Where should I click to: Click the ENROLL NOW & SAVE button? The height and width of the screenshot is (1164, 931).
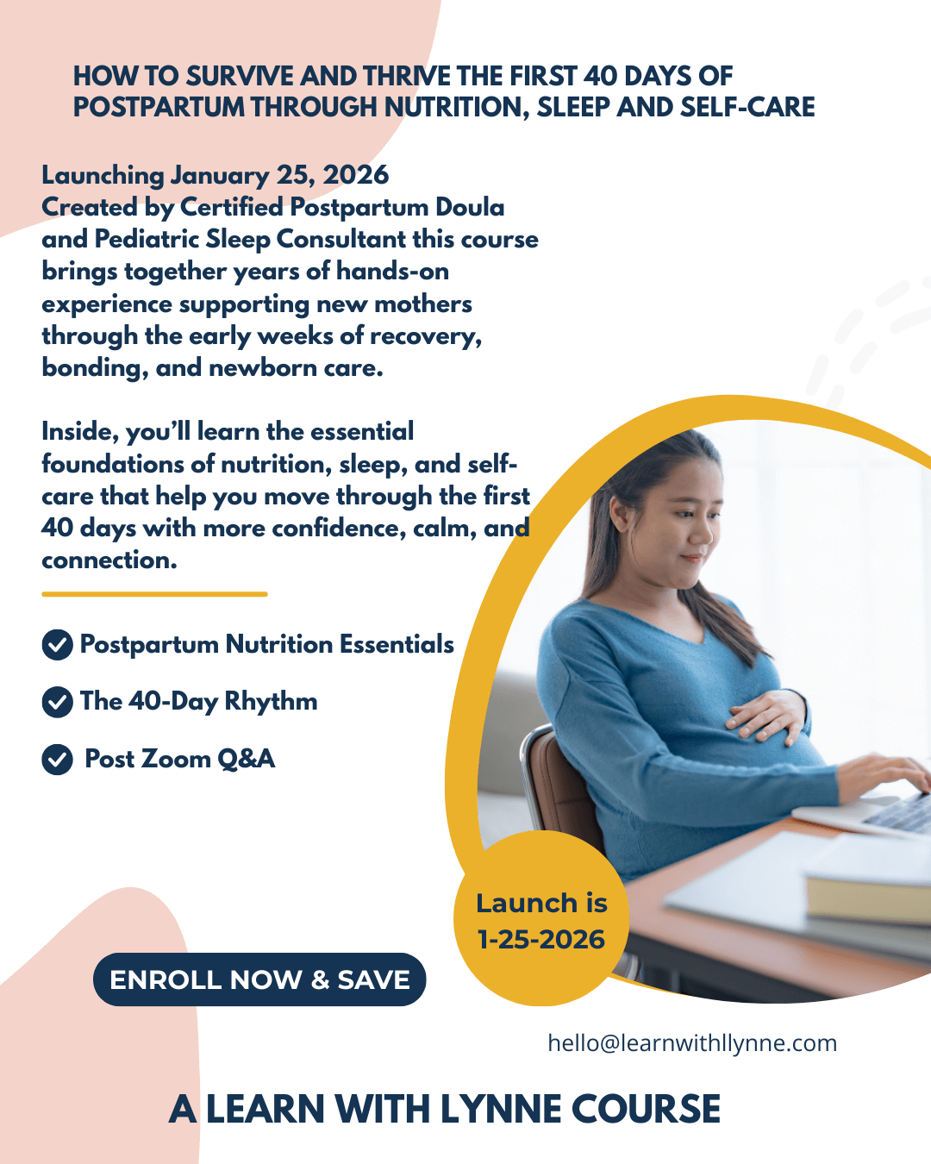[x=259, y=979]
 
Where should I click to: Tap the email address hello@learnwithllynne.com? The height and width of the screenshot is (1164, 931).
[x=692, y=1042]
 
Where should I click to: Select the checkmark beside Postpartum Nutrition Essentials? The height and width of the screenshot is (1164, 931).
[x=58, y=645]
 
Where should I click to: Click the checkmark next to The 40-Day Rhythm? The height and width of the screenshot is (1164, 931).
[x=58, y=702]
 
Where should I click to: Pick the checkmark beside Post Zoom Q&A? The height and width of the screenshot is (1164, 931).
[x=58, y=760]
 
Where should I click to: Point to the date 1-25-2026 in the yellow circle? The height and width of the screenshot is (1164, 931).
[x=541, y=940]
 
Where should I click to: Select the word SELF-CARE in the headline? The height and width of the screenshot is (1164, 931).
[x=747, y=107]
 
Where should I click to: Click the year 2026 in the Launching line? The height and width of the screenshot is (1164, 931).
[x=355, y=175]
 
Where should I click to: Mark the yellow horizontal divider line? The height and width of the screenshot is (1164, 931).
[x=154, y=594]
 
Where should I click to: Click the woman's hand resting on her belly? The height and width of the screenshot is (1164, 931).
[x=767, y=714]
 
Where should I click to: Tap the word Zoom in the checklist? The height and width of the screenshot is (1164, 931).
[x=176, y=759]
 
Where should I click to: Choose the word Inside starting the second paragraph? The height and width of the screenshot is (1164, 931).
[x=80, y=432]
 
